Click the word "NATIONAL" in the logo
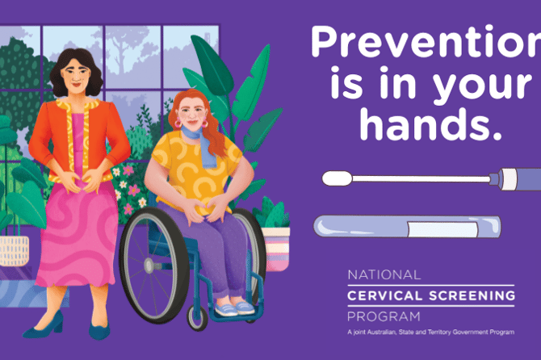pyautogui.click(x=384, y=274)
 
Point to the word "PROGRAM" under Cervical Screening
pyautogui.click(x=384, y=316)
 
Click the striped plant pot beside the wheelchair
pyautogui.click(x=275, y=247)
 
